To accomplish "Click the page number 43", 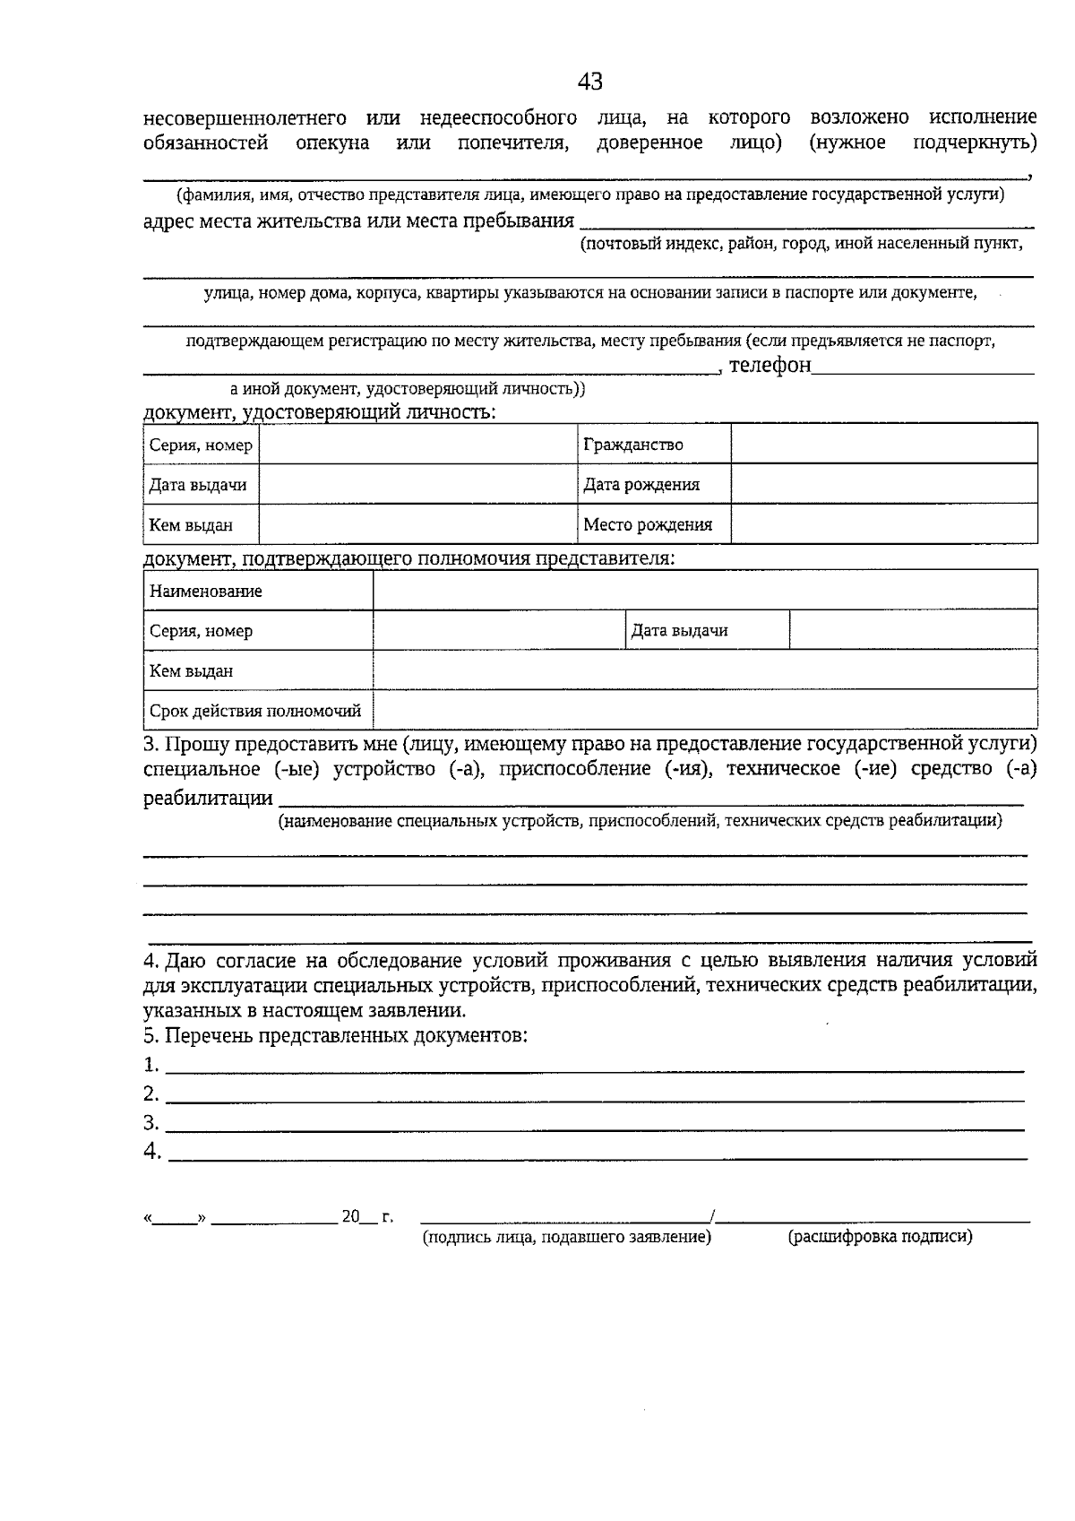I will (x=589, y=82).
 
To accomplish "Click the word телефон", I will (x=770, y=365).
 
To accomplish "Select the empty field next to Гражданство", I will (x=883, y=445).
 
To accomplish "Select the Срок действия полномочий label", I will (x=257, y=712).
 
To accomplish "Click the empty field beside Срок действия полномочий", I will (x=704, y=711).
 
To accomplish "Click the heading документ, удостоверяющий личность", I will (x=320, y=412).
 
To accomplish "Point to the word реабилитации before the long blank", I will (x=208, y=798).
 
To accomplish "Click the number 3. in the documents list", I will (x=151, y=1123).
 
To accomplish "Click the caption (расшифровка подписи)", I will (x=880, y=1237).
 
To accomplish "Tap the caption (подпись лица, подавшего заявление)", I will (x=566, y=1237).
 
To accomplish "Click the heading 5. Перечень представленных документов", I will (x=335, y=1036).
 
